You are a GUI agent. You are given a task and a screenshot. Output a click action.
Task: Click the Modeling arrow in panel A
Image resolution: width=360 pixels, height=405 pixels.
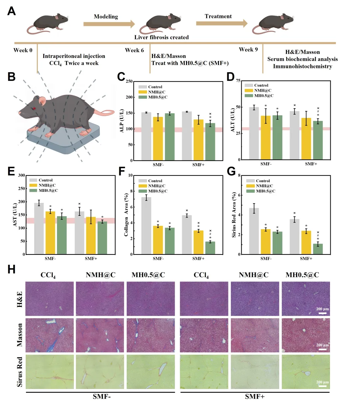(109, 24)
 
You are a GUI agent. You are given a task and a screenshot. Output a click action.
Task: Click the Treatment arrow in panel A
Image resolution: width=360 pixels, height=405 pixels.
(221, 23)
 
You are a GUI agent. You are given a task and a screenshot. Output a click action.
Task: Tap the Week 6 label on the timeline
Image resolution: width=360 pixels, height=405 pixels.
(134, 50)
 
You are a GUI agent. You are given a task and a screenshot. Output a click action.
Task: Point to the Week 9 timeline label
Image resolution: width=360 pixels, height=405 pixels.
(248, 50)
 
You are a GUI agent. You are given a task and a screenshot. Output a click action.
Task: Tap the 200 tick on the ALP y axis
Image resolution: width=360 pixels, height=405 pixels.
(129, 97)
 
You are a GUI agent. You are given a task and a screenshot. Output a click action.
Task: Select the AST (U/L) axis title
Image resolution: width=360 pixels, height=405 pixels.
(15, 215)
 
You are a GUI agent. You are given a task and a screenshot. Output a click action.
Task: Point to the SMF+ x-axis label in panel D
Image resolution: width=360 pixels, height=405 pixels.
(311, 164)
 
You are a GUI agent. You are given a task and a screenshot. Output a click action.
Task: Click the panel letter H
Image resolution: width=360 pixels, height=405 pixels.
(11, 269)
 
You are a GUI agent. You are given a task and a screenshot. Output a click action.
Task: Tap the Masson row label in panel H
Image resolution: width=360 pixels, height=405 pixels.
(20, 335)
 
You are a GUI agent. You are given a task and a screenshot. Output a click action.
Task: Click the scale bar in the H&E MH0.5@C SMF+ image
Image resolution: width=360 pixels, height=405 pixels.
(322, 313)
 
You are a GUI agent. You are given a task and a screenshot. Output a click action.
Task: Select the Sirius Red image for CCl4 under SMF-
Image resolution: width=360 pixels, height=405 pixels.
(50, 372)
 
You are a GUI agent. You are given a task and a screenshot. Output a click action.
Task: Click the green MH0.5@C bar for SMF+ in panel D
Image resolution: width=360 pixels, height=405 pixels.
(318, 140)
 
